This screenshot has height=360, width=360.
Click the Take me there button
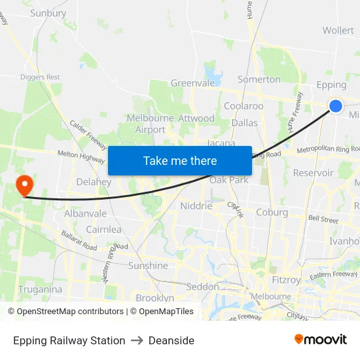pyautogui.click(x=180, y=160)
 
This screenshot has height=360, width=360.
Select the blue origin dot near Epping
pyautogui.click(x=336, y=105)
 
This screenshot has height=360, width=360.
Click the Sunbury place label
pyautogui.click(x=48, y=13)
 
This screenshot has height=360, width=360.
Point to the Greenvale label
pyautogui.click(x=192, y=83)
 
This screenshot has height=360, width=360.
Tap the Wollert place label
pyautogui.click(x=338, y=30)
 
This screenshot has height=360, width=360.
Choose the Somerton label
pyautogui.click(x=259, y=79)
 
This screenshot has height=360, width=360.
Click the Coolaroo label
pyautogui.click(x=243, y=105)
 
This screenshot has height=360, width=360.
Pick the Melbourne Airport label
pyautogui.click(x=151, y=124)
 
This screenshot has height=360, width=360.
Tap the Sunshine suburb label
pyautogui.click(x=148, y=266)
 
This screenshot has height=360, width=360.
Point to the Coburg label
pyautogui.click(x=272, y=212)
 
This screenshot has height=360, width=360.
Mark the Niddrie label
pyautogui.click(x=196, y=206)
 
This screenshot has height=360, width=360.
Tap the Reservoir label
pyautogui.click(x=314, y=173)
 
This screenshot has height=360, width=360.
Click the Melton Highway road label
pyautogui.click(x=81, y=156)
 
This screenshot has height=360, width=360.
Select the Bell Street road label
pyautogui.click(x=323, y=219)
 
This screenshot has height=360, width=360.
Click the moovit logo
pyautogui.click(x=321, y=339)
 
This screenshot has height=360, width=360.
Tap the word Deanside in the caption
pyautogui.click(x=171, y=340)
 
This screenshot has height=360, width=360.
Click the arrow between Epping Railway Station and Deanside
pyautogui.click(x=137, y=340)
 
